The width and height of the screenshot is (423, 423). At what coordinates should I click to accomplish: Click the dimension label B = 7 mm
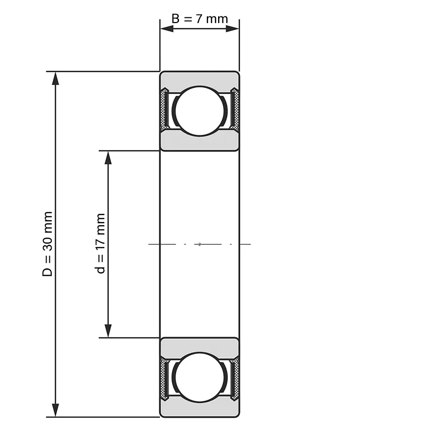pos(200,19)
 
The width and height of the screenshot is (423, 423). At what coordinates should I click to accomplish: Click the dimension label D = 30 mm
pos(47,244)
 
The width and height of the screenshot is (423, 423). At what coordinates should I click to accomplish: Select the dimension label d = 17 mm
pos(101,243)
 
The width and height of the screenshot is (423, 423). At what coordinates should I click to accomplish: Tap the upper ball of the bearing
pos(200,111)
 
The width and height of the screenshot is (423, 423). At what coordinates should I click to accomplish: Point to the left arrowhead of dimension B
pos(167,29)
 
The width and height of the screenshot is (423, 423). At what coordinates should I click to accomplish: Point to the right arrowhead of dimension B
pos(233,29)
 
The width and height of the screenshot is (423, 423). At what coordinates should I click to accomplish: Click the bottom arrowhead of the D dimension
pos(55,410)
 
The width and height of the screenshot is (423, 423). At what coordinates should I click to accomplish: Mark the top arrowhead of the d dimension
pos(108,157)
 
